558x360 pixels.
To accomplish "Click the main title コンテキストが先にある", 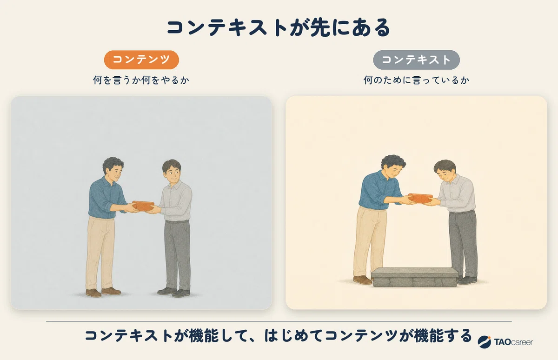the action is point(278,28).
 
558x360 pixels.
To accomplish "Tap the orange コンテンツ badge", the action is point(141,60).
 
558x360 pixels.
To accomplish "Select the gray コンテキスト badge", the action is point(416,60).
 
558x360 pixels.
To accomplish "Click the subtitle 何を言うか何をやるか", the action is point(141,80).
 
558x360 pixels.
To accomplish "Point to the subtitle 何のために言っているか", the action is point(416,80).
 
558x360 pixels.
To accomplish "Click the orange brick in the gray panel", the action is point(143,206).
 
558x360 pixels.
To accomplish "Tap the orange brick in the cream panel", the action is point(420,198).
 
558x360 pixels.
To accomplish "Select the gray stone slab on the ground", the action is point(414,277).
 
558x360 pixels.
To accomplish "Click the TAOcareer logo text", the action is point(513,342).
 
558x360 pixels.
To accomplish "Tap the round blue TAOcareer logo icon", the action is point(484,342).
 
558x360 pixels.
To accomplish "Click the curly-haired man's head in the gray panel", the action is point(113,169).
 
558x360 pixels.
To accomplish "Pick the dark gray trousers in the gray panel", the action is point(177,255).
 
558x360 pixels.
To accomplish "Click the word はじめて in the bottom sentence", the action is point(294,336).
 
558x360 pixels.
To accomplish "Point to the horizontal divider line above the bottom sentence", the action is point(279,321).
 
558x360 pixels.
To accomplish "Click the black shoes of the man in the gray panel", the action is point(174,292).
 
